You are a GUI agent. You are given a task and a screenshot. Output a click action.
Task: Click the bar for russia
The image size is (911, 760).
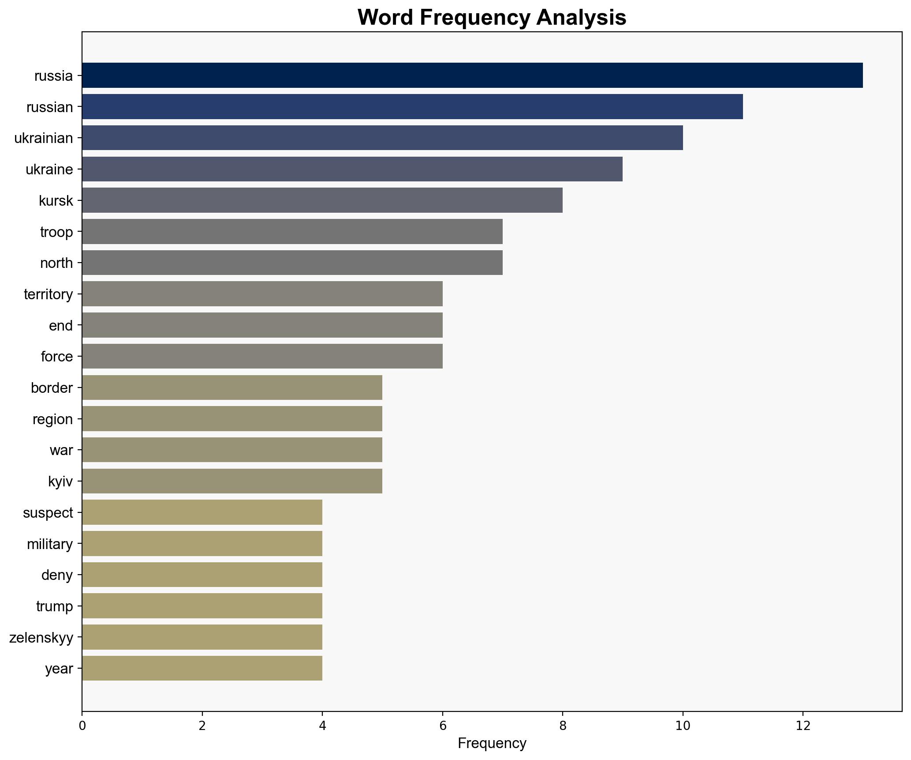(472, 75)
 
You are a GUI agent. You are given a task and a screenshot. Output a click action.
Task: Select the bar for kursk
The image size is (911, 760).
(322, 200)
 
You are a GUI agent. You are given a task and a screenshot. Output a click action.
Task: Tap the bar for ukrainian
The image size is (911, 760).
(382, 138)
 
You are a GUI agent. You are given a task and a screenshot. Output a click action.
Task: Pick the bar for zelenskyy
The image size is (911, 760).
(202, 637)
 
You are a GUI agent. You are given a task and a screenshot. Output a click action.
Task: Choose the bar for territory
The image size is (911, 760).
(262, 294)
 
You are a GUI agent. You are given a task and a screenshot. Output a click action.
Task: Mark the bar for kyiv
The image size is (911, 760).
(232, 481)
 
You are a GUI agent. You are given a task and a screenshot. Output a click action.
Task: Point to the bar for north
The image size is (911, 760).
(292, 263)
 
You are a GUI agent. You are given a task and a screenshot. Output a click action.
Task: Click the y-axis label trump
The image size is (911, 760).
(54, 606)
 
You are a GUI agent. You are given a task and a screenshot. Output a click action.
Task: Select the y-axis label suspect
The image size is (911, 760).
(48, 513)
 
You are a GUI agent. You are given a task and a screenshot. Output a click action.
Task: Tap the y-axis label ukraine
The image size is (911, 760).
(49, 169)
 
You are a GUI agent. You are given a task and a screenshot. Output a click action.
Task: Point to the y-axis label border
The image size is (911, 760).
(52, 388)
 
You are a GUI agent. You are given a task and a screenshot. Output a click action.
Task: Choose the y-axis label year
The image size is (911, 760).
(59, 669)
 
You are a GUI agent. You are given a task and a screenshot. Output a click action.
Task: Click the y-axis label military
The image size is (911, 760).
(49, 544)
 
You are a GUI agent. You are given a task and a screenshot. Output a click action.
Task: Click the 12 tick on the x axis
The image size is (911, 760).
(803, 726)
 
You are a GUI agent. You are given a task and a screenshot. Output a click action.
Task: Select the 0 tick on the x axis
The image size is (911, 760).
(82, 726)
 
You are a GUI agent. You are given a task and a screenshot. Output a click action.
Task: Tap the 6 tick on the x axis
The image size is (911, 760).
(442, 726)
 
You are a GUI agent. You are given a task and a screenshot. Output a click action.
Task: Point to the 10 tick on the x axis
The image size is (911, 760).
(683, 726)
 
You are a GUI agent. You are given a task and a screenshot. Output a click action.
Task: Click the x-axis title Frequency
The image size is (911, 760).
(492, 744)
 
